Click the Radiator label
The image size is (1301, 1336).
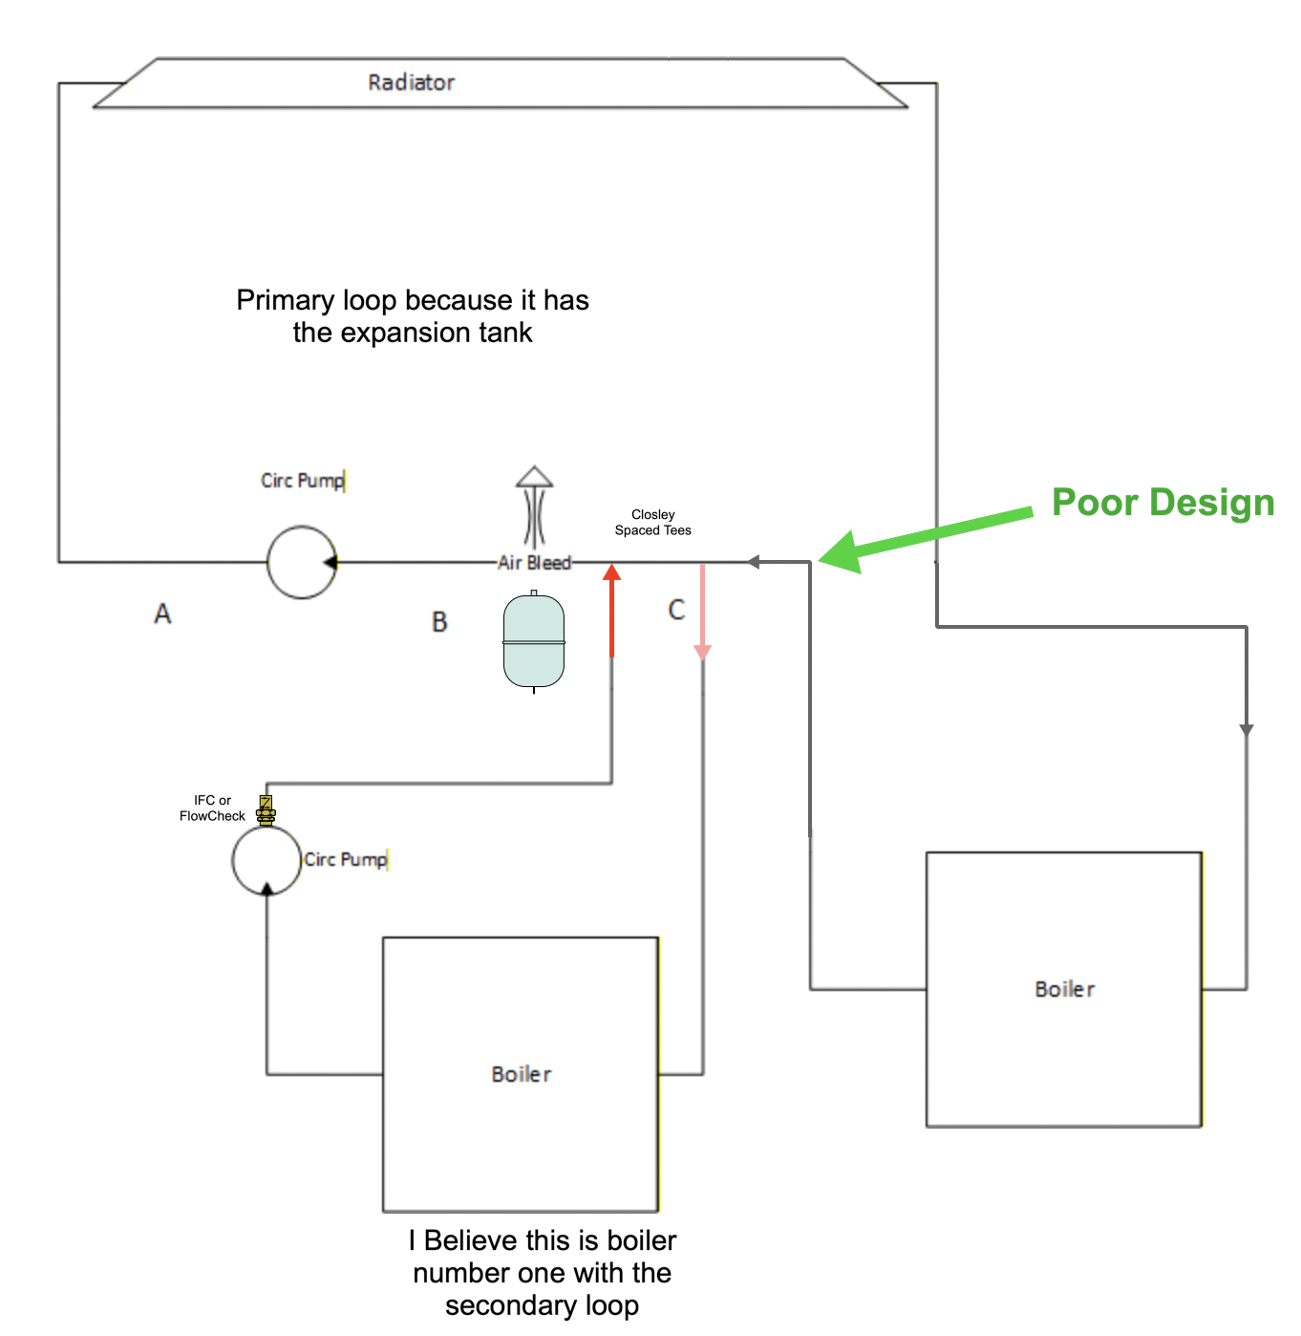(x=411, y=82)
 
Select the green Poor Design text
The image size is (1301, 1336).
(x=1162, y=503)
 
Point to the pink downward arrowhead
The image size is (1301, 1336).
(x=703, y=652)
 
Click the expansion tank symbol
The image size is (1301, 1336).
(x=534, y=640)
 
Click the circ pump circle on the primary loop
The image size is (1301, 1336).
(x=301, y=562)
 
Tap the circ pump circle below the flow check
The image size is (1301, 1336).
(x=267, y=860)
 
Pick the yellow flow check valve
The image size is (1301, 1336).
(x=267, y=810)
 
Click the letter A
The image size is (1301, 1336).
(x=162, y=614)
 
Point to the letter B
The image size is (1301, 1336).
(x=439, y=622)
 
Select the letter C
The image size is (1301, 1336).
(x=676, y=610)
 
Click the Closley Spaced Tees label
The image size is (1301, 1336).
(x=652, y=522)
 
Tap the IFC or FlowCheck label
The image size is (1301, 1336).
(x=212, y=808)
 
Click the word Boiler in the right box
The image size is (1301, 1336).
(x=1064, y=989)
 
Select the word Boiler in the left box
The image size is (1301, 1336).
(x=521, y=1074)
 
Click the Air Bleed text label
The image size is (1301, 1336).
(x=534, y=563)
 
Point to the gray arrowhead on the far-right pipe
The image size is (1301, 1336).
(x=1246, y=730)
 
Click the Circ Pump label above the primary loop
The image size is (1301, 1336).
(x=302, y=480)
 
